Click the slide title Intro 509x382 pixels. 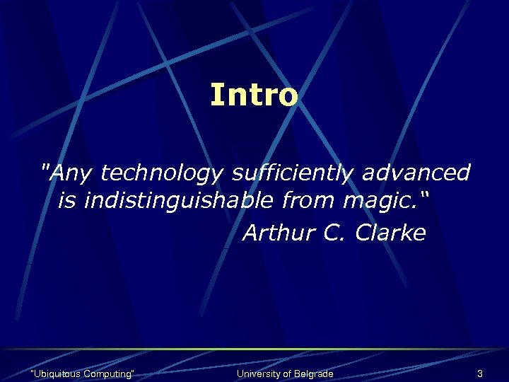pyautogui.click(x=254, y=95)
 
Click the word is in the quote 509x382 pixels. pyautogui.click(x=68, y=202)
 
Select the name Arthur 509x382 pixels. pyautogui.click(x=277, y=233)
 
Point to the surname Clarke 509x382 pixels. pyautogui.click(x=390, y=233)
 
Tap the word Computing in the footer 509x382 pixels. pyautogui.click(x=108, y=374)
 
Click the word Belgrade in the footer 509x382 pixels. pyautogui.click(x=312, y=374)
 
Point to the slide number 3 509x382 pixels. pyautogui.click(x=480, y=374)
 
